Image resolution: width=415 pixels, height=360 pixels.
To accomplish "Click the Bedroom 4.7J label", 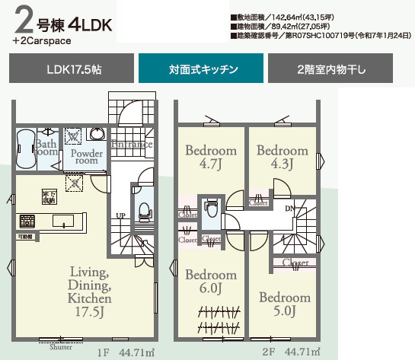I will (x=210, y=156).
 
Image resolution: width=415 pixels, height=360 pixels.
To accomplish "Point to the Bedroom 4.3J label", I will (x=279, y=156).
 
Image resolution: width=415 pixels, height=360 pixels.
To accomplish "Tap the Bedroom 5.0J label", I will (x=283, y=304).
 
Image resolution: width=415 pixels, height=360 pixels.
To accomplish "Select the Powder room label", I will (x=85, y=157).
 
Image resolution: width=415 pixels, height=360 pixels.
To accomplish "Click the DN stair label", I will (x=289, y=207).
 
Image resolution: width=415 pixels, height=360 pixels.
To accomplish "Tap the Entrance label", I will (x=133, y=145).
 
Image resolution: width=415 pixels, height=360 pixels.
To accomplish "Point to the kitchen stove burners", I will (x=27, y=221).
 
